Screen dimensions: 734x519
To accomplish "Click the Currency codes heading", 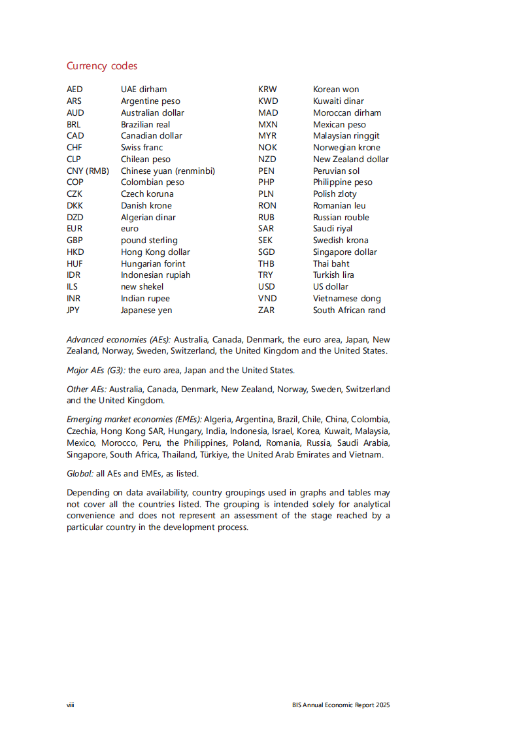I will (x=102, y=66).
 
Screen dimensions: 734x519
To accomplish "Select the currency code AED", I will (x=75, y=90).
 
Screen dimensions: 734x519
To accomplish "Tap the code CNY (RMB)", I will (x=88, y=171).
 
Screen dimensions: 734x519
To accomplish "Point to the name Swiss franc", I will (x=142, y=148).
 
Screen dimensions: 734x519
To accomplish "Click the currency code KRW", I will (x=267, y=90).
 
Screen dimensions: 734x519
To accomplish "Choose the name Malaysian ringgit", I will (x=346, y=136).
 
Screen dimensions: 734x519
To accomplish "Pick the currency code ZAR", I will (x=267, y=310).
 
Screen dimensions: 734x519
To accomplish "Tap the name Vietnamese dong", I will (x=346, y=299).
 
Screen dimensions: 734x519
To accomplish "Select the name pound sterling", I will (x=149, y=241).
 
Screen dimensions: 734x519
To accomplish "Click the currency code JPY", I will (x=73, y=310).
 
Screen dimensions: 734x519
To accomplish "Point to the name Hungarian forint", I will (x=153, y=264).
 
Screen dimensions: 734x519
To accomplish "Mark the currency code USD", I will (x=267, y=287).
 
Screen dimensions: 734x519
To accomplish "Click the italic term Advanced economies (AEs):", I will (x=119, y=340).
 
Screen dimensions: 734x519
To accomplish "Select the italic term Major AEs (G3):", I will (x=96, y=371).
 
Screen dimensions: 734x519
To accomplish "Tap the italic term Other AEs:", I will (x=86, y=390).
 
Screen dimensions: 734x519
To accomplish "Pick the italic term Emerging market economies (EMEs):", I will (x=134, y=420).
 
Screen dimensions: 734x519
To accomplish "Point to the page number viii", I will (x=70, y=705).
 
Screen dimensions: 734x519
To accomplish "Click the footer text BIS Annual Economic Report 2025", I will (x=341, y=705).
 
